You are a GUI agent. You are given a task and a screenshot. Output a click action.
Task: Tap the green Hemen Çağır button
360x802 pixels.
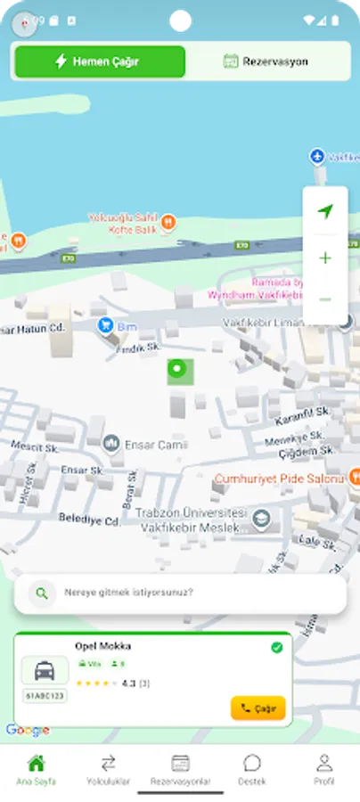[100, 61]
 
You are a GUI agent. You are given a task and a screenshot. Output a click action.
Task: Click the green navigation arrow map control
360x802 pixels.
[324, 211]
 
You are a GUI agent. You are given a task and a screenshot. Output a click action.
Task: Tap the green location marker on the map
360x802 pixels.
[180, 370]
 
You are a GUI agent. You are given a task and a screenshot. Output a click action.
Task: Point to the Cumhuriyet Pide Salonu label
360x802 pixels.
[279, 479]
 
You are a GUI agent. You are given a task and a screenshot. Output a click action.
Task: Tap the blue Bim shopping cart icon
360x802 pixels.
[106, 324]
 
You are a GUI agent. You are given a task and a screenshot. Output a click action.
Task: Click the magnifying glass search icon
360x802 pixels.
[41, 593]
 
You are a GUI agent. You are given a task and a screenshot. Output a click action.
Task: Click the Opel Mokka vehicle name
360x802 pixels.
[103, 646]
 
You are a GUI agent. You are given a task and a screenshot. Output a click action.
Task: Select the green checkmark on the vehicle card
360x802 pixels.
[276, 647]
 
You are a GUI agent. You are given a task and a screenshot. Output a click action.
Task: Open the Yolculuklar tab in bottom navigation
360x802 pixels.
[109, 768]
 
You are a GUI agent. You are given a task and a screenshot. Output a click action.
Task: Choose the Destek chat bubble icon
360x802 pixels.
[252, 763]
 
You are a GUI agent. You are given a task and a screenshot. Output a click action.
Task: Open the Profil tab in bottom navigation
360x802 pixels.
[324, 768]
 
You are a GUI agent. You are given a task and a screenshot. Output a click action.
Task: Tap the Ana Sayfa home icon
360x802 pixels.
[37, 763]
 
